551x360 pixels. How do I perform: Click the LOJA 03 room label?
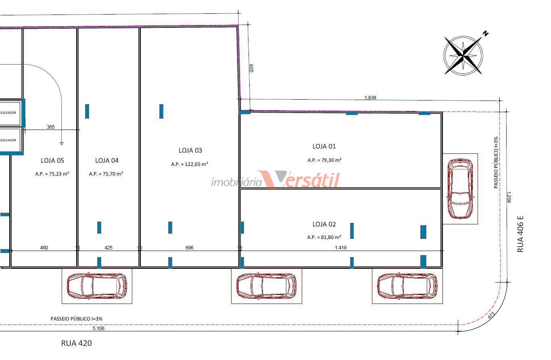(190, 151)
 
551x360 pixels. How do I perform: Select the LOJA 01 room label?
(324, 147)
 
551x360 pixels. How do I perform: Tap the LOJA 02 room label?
(324, 224)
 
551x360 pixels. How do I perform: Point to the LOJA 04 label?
(107, 161)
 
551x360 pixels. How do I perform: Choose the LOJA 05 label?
(52, 161)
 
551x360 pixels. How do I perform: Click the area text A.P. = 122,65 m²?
(190, 164)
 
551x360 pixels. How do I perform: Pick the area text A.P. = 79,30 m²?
(324, 160)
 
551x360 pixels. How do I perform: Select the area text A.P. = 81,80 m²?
(324, 237)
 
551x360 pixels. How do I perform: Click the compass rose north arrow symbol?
(463, 56)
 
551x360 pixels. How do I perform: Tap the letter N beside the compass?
(485, 33)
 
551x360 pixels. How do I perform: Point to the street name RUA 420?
(77, 343)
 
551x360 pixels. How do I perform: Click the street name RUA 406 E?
(520, 234)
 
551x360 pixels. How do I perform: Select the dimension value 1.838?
(370, 98)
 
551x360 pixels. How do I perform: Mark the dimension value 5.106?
(98, 328)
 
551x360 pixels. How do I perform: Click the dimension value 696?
(190, 247)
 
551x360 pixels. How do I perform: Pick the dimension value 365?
(51, 127)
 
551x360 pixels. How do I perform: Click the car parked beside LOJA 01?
(460, 189)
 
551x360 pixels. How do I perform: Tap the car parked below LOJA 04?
(97, 286)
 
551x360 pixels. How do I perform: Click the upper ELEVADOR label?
(8, 113)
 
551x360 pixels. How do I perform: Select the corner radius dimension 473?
(491, 315)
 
